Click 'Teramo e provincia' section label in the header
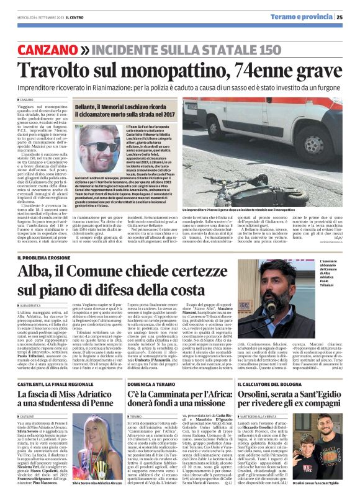307,17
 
